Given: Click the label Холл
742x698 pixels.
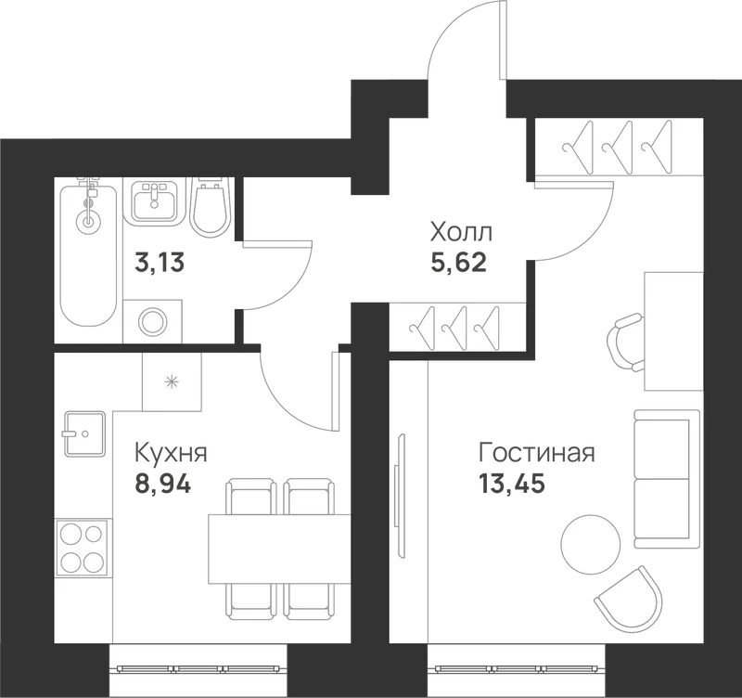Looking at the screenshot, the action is click(461, 232).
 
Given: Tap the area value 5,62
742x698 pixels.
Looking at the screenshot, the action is click(458, 262).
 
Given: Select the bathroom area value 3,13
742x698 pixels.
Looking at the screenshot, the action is click(160, 262).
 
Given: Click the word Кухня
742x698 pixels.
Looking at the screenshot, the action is click(172, 453).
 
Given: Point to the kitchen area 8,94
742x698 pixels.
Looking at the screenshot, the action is click(163, 484).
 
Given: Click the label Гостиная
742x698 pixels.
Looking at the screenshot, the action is click(537, 452).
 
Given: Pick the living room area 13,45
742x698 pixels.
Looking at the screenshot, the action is click(512, 484).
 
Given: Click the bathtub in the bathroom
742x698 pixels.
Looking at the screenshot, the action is click(88, 254).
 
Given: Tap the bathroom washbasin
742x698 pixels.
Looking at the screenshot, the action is click(153, 202).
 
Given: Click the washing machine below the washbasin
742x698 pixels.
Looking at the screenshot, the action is click(153, 321).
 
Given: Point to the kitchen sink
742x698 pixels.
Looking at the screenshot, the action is click(84, 433).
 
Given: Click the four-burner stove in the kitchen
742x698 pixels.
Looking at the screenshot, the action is click(84, 549).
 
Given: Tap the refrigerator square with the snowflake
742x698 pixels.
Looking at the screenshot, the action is click(172, 381).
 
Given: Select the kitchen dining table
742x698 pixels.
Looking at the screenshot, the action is click(279, 549).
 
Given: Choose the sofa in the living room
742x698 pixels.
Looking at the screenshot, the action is click(666, 479).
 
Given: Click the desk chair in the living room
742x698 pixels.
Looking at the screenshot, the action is click(625, 343).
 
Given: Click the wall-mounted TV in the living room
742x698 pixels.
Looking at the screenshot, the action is click(400, 496).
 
